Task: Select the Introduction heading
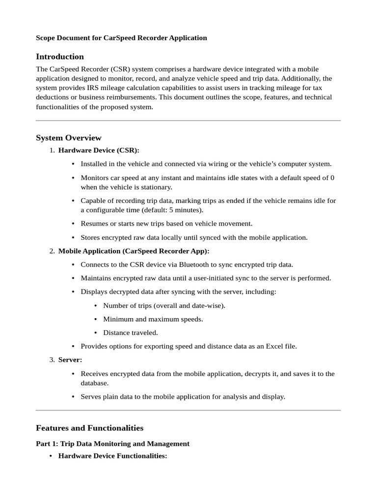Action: [60, 56]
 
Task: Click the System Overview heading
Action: [69, 138]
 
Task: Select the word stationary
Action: [156, 187]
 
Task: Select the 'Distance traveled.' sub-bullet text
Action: [131, 332]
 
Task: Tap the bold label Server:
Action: [70, 360]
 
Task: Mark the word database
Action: [95, 383]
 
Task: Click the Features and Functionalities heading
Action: [90, 428]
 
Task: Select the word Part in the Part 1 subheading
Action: [44, 444]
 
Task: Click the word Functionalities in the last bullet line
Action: [141, 456]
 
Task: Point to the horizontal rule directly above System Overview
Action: [188, 121]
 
